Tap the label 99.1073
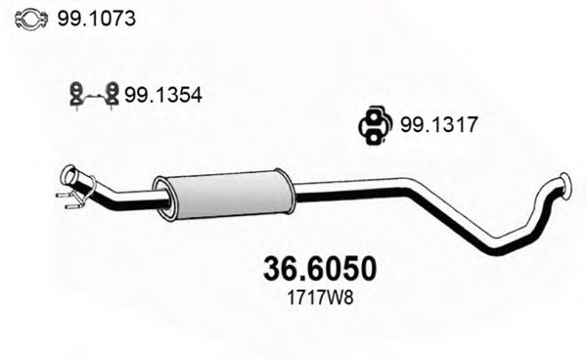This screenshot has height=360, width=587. (97, 19)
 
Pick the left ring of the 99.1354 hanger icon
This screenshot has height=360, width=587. (74, 95)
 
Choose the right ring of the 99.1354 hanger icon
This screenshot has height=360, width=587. (112, 95)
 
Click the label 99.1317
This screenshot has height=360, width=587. (431, 124)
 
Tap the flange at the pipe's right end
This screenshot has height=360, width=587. (564, 183)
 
